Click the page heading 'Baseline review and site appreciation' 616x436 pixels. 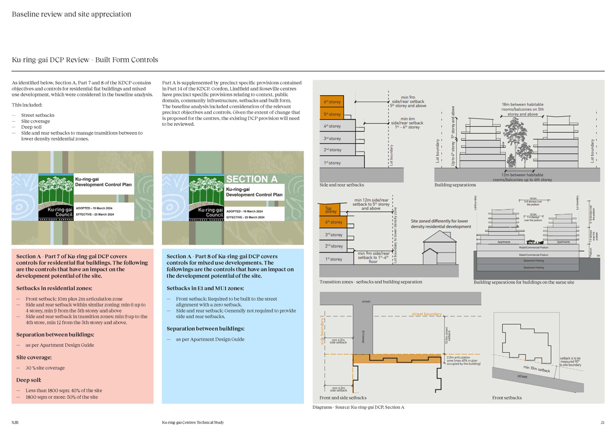pyautogui.click(x=71, y=14)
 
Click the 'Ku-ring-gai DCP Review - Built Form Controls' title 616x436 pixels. pyautogui.click(x=85, y=60)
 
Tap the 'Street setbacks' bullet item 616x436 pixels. pyautogui.click(x=37, y=115)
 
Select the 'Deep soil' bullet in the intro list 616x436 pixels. pyautogui.click(x=31, y=127)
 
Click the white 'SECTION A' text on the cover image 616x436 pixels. pyautogui.click(x=251, y=179)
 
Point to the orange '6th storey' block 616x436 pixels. pyautogui.click(x=332, y=102)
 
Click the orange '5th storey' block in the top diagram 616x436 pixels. pyautogui.click(x=332, y=114)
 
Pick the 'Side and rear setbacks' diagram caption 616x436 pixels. pyautogui.click(x=342, y=185)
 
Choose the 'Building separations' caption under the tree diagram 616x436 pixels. pyautogui.click(x=455, y=185)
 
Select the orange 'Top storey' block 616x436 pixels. pyautogui.click(x=331, y=210)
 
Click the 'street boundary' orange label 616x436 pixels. pyautogui.click(x=426, y=314)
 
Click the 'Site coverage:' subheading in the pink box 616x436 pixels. pyautogui.click(x=34, y=358)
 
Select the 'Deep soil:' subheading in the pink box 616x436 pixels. pyautogui.click(x=28, y=380)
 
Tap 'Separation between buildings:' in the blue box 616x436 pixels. pyautogui.click(x=205, y=329)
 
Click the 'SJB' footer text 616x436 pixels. pyautogui.click(x=15, y=422)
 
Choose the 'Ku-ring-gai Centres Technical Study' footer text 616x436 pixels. pyautogui.click(x=193, y=422)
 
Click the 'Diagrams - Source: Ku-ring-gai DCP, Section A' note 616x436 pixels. pyautogui.click(x=359, y=407)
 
